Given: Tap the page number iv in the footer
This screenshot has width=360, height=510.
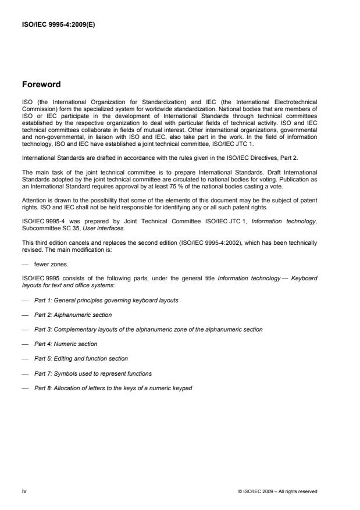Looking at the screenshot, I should click(x=24, y=491).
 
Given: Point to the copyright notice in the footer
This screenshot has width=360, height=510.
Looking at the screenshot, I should click(x=277, y=491).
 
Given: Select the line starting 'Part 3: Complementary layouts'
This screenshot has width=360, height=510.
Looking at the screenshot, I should click(x=148, y=329).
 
